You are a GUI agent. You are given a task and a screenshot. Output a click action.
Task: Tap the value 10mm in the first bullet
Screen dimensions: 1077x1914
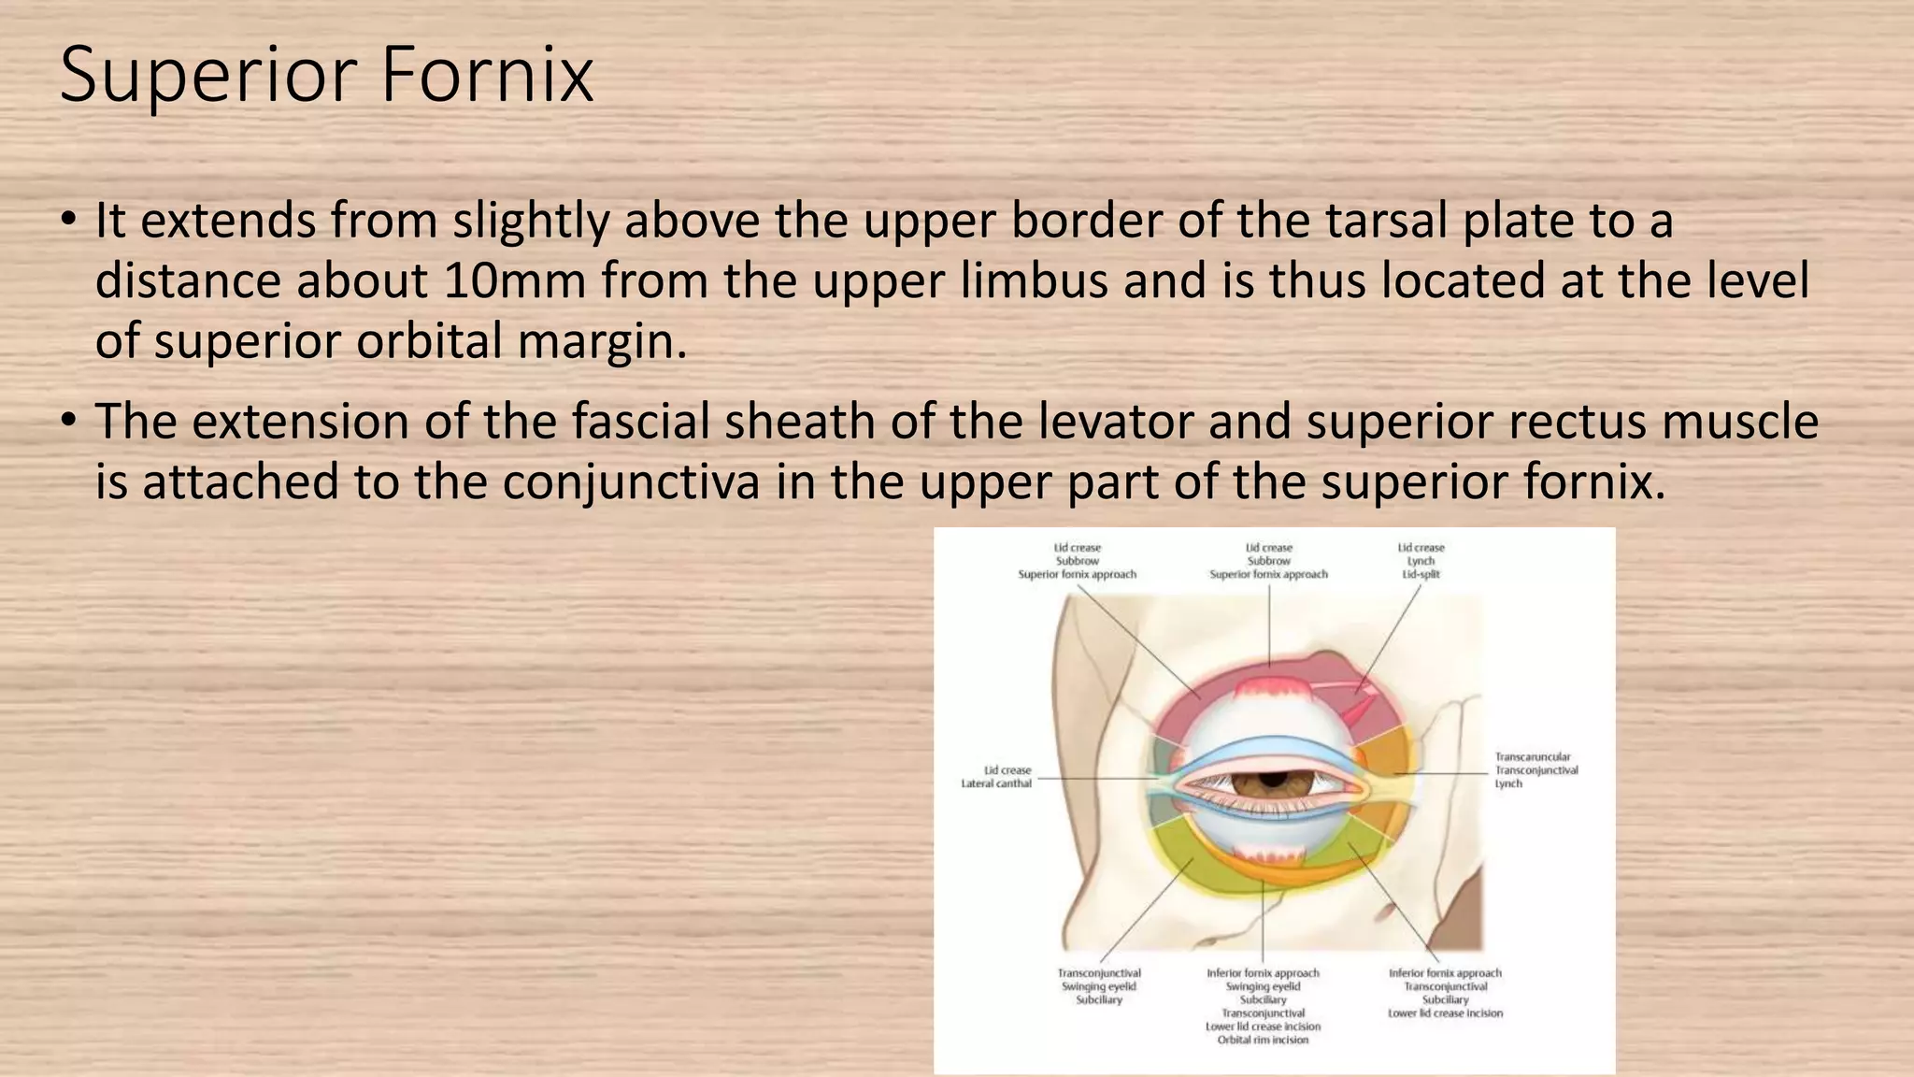point(513,280)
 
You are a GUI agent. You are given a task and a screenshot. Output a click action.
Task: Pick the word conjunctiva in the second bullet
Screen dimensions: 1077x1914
point(631,482)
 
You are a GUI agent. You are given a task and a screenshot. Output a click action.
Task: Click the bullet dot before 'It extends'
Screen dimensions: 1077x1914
point(68,222)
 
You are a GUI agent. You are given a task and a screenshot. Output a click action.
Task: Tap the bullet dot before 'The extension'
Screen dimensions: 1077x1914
point(68,423)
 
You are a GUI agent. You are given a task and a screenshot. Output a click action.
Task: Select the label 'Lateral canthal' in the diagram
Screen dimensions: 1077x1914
point(996,783)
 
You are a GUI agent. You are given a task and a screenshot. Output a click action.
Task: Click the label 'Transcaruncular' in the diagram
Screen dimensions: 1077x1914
point(1533,757)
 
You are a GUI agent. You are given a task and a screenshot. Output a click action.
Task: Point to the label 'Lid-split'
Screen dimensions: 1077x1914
point(1421,574)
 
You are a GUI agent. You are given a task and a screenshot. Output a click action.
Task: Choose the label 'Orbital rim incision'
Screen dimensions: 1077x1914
point(1263,1040)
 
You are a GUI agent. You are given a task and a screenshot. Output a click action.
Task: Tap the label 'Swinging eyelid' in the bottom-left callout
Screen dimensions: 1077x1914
point(1099,986)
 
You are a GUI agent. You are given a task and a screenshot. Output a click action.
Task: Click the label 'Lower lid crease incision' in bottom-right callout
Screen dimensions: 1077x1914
point(1445,1012)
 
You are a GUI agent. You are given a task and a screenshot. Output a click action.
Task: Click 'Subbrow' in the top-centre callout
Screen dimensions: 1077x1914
point(1268,561)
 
